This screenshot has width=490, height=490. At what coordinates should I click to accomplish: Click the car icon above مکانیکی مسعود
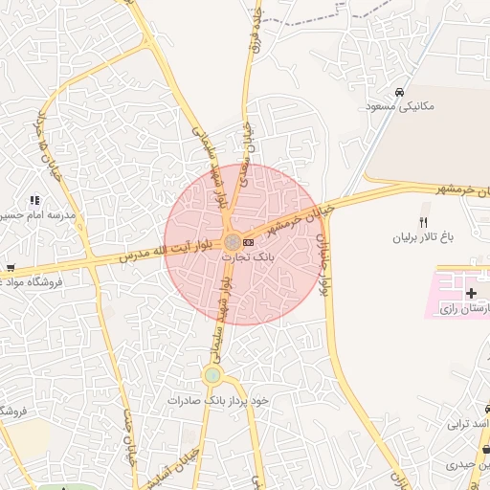pyautogui.click(x=398, y=92)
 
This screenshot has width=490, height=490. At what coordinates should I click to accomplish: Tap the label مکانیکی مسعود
pyautogui.click(x=399, y=106)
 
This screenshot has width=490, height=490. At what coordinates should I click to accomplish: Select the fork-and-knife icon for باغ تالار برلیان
pyautogui.click(x=422, y=222)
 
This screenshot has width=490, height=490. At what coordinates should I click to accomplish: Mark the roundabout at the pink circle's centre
pyautogui.click(x=233, y=242)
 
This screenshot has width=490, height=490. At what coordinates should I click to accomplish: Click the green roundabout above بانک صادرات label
pyautogui.click(x=212, y=376)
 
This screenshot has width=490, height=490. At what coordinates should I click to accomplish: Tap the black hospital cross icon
pyautogui.click(x=471, y=292)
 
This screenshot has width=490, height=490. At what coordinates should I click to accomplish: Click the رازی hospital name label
pyautogui.click(x=465, y=309)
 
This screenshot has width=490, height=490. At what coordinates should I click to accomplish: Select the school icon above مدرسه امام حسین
pyautogui.click(x=34, y=201)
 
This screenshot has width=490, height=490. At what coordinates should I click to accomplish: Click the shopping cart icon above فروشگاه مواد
pyautogui.click(x=11, y=268)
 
